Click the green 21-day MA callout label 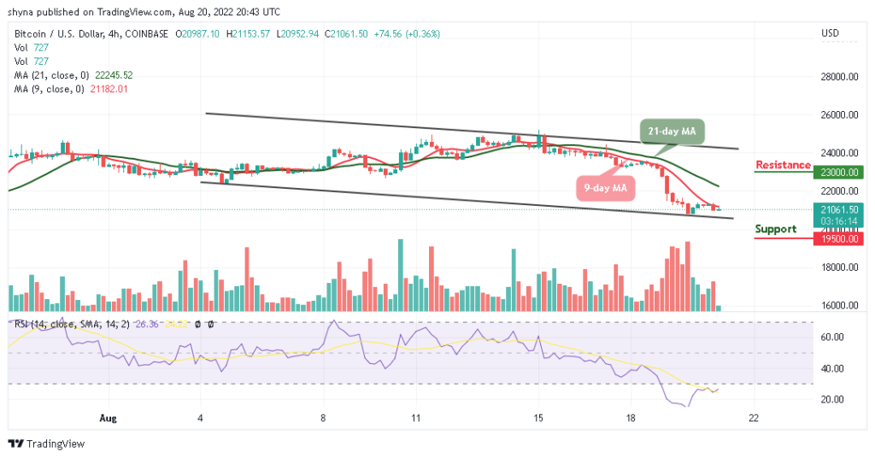pyautogui.click(x=672, y=131)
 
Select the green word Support pyautogui.click(x=775, y=229)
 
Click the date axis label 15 pyautogui.click(x=538, y=420)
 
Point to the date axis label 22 pyautogui.click(x=753, y=420)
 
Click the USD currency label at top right pyautogui.click(x=830, y=33)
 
